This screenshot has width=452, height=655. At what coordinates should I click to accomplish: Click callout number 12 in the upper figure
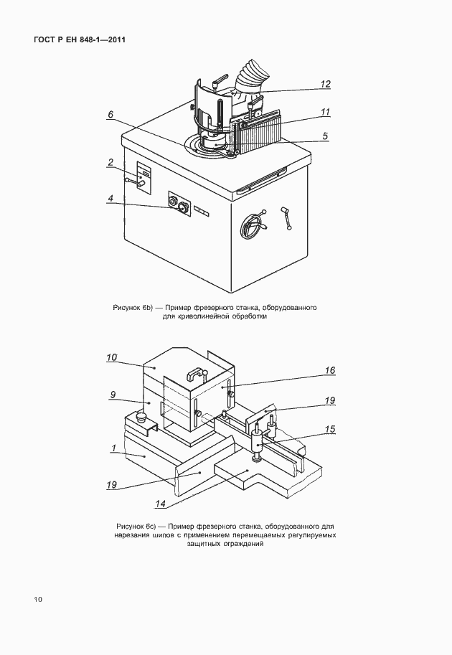(x=325, y=84)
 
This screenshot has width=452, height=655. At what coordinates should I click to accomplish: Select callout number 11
(x=325, y=112)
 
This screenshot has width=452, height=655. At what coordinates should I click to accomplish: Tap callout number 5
(x=325, y=135)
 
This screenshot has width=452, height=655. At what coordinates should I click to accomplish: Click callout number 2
(x=110, y=163)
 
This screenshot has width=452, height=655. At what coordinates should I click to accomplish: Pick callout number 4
(x=110, y=199)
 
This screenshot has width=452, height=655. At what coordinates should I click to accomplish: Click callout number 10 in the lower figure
(x=112, y=357)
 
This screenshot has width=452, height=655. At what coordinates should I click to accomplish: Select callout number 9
(x=112, y=394)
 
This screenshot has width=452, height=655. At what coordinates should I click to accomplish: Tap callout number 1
(x=113, y=448)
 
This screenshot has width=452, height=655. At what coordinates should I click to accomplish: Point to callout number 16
(x=330, y=371)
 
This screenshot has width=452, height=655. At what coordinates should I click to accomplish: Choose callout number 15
(x=330, y=430)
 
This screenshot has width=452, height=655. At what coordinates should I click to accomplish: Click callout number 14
(x=161, y=504)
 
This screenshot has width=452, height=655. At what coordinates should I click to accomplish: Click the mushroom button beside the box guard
(x=140, y=415)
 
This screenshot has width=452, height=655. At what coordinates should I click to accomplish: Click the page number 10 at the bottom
(x=38, y=599)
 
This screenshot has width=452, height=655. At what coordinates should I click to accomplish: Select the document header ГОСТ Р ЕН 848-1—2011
(x=80, y=39)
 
